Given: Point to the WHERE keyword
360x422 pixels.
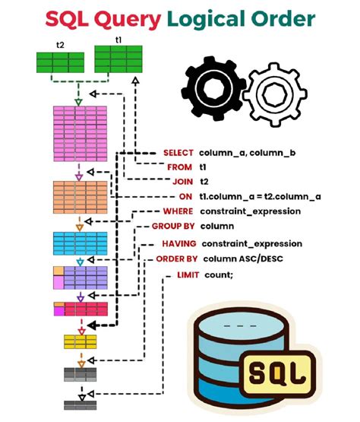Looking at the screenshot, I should (x=178, y=211).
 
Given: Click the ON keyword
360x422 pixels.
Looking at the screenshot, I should (x=185, y=196).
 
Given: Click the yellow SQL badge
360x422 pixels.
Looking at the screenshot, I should (x=280, y=375).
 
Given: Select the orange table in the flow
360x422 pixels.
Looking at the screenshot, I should (x=78, y=198).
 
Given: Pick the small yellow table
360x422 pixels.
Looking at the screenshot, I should (x=79, y=341).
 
